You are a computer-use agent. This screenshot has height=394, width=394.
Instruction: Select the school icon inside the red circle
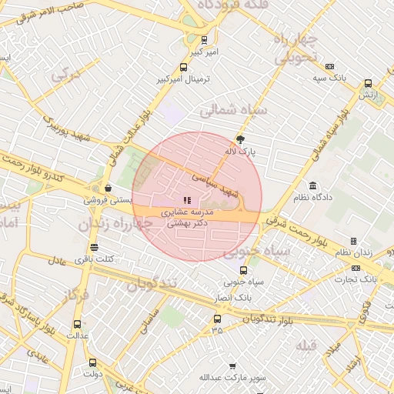188,200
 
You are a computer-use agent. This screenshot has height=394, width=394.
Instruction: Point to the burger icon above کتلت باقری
94,247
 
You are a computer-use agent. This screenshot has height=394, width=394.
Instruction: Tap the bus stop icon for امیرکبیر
182,67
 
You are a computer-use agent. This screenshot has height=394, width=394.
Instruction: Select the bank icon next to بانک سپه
330,67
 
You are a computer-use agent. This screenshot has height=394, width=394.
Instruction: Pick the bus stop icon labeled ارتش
368,83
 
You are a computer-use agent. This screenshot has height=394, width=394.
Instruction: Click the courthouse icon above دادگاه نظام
312,185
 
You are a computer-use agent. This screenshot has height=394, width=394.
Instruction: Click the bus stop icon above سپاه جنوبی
243,270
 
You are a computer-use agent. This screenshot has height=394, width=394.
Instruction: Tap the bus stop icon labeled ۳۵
216,318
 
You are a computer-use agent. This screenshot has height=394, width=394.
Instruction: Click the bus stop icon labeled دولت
93,362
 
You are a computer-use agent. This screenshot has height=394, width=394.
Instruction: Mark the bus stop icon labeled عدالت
77,324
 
